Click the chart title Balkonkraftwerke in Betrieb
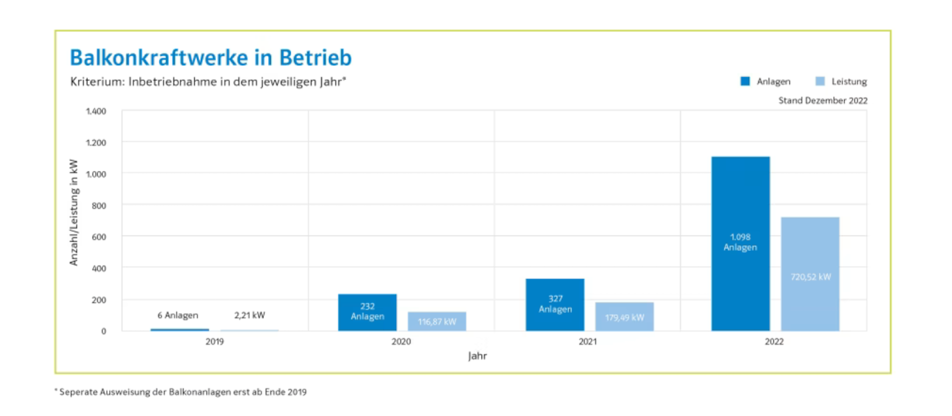click(x=211, y=58)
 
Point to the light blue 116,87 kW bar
click(x=437, y=321)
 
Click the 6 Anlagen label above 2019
click(x=178, y=315)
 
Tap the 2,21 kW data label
click(x=249, y=315)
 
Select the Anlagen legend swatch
click(x=745, y=81)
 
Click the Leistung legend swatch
click(x=820, y=81)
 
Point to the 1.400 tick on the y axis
click(x=96, y=111)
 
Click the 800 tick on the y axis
click(x=98, y=206)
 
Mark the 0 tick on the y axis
click(x=104, y=331)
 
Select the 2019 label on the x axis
click(x=215, y=342)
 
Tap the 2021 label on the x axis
click(x=588, y=342)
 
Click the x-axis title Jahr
click(x=477, y=356)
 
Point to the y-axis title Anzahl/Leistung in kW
click(x=74, y=212)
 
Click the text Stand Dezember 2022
click(x=823, y=101)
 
